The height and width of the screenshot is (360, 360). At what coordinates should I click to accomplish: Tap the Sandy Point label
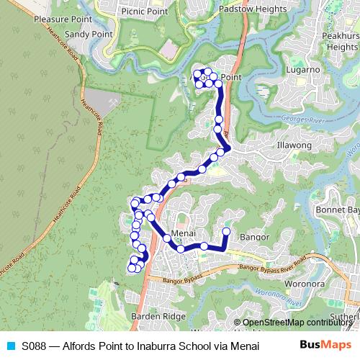(89, 34)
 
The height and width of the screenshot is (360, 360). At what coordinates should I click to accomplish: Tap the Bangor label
(254, 236)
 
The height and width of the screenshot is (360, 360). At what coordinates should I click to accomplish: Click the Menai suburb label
(184, 235)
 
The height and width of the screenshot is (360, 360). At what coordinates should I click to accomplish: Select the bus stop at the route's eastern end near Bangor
(226, 231)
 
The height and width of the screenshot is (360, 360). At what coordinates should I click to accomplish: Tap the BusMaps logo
(324, 345)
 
